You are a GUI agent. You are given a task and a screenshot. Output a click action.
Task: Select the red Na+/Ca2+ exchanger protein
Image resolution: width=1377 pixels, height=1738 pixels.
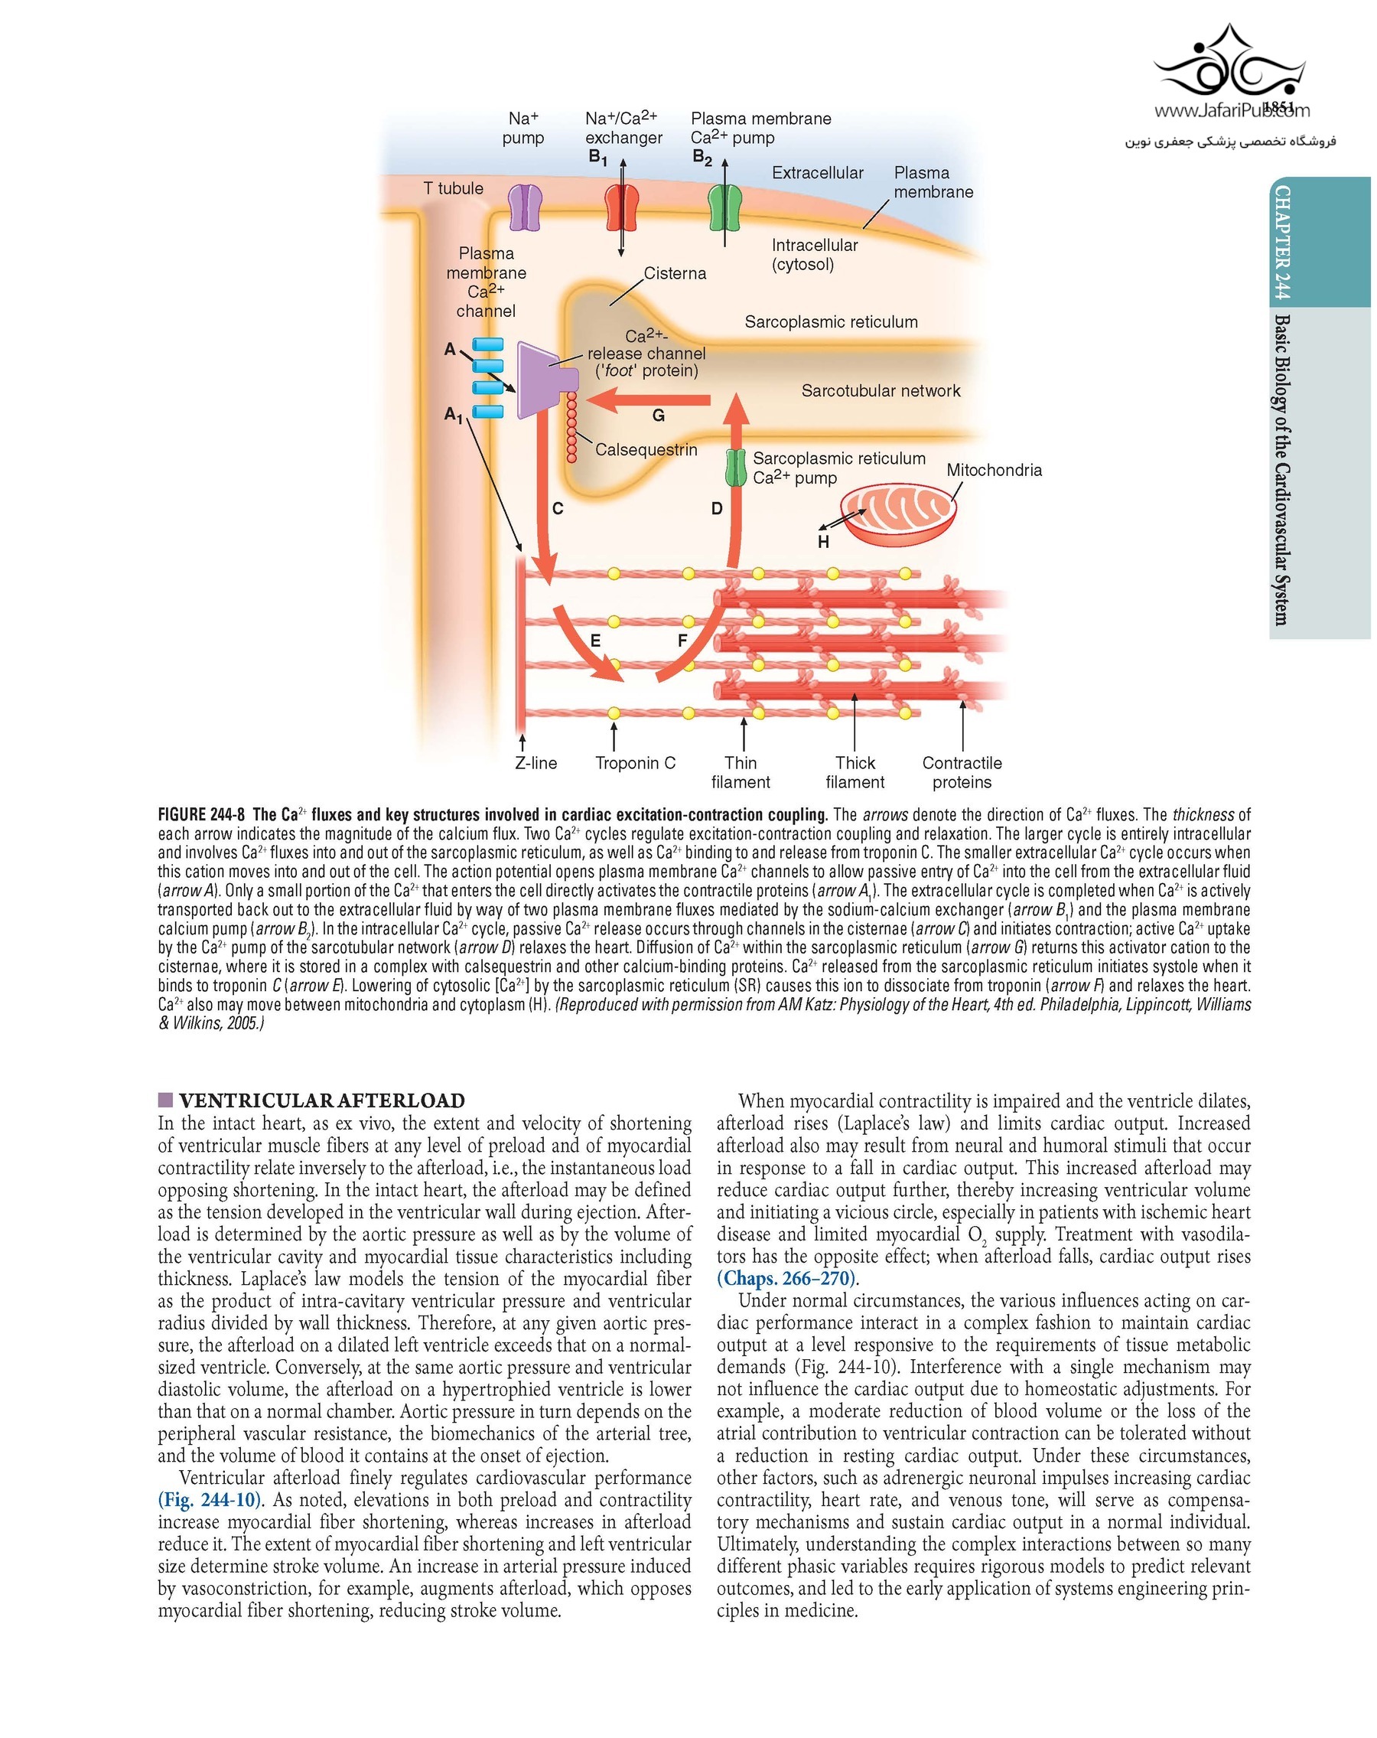click(x=621, y=208)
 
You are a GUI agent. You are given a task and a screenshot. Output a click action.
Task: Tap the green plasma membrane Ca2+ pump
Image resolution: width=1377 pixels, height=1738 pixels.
click(x=724, y=208)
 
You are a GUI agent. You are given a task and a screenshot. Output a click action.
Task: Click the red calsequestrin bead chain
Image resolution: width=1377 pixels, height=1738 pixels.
click(x=571, y=427)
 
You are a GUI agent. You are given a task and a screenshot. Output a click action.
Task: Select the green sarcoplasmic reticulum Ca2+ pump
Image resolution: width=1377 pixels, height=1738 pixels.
click(x=736, y=468)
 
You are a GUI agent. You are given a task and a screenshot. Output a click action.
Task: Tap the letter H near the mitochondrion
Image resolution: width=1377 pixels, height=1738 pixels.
click(x=822, y=542)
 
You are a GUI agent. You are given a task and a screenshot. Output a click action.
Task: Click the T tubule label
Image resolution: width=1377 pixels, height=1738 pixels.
click(x=453, y=188)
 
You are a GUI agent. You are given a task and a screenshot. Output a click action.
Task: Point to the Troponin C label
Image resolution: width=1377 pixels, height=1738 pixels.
click(x=635, y=762)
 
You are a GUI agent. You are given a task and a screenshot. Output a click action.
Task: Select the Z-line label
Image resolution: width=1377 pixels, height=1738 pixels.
click(x=535, y=762)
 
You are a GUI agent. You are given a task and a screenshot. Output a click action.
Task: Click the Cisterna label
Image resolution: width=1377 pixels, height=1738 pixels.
click(x=675, y=273)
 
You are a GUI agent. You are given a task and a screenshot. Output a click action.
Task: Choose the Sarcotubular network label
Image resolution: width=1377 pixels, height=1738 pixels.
click(x=880, y=391)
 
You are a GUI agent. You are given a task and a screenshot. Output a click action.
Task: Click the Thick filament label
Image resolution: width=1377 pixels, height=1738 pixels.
click(x=854, y=771)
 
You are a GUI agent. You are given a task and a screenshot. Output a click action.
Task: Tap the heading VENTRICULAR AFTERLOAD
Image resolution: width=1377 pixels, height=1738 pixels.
click(x=321, y=1101)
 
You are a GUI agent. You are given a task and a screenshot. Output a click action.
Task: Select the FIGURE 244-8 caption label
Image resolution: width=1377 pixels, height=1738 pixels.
click(x=200, y=814)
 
